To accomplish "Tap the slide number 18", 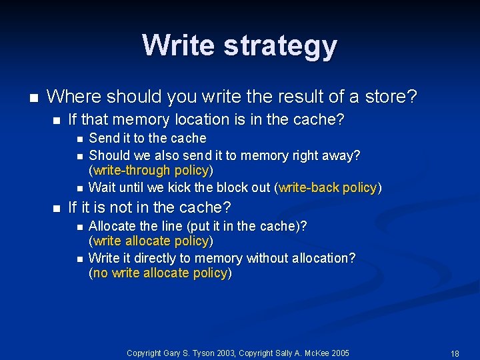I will tap(455, 353).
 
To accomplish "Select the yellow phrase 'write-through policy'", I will tap(151, 170).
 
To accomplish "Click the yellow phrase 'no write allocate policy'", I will tap(160, 273).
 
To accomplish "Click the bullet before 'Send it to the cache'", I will tap(78, 139).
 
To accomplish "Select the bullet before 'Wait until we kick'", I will tap(78, 188).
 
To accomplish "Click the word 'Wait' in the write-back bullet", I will tap(101, 187).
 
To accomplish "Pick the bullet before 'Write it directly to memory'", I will tap(78, 258).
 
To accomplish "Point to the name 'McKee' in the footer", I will tap(310, 353).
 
